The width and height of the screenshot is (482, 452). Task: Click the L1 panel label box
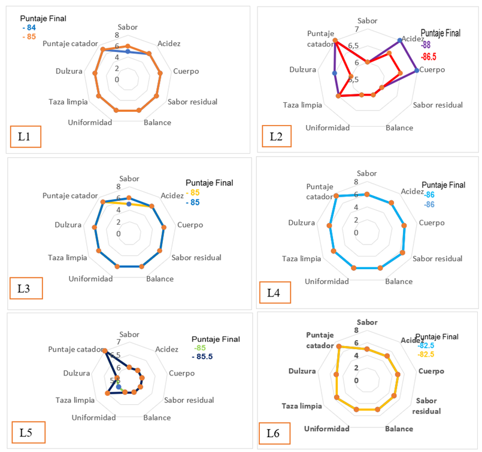pyautogui.click(x=25, y=136)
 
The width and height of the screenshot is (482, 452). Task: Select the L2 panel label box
pyautogui.click(x=277, y=137)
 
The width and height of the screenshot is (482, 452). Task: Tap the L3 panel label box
pyautogui.click(x=25, y=289)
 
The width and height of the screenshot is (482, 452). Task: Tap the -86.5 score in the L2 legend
pyautogui.click(x=429, y=57)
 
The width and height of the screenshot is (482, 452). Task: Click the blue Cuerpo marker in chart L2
pyautogui.click(x=417, y=71)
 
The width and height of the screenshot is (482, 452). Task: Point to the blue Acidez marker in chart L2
pyautogui.click(x=400, y=41)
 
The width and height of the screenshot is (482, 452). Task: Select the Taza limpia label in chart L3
pyautogui.click(x=68, y=258)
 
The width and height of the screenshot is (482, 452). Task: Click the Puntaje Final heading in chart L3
pyautogui.click(x=209, y=183)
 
